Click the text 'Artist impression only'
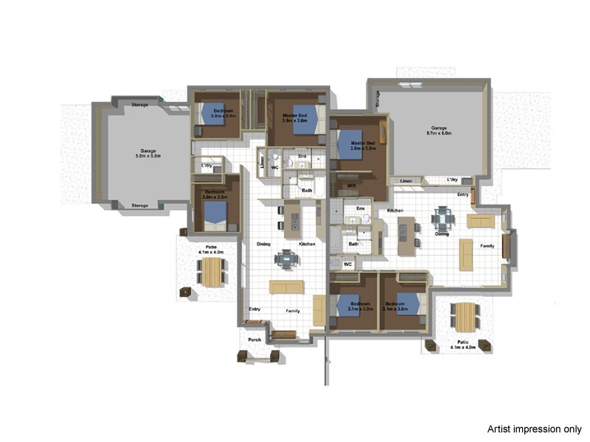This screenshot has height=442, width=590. [534, 429]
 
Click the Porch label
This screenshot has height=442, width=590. [254, 340]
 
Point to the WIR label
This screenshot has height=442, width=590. [352, 186]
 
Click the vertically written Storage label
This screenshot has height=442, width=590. [378, 99]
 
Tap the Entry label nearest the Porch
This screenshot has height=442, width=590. [254, 309]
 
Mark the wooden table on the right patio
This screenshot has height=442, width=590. [465, 317]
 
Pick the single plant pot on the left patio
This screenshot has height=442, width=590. [184, 292]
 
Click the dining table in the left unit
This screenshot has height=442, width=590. [287, 259]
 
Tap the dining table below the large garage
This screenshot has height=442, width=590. [443, 218]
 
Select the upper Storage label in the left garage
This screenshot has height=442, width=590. [139, 105]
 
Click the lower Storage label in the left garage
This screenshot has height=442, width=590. [139, 206]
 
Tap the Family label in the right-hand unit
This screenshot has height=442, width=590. [487, 246]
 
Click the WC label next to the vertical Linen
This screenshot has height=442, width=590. [274, 167]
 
